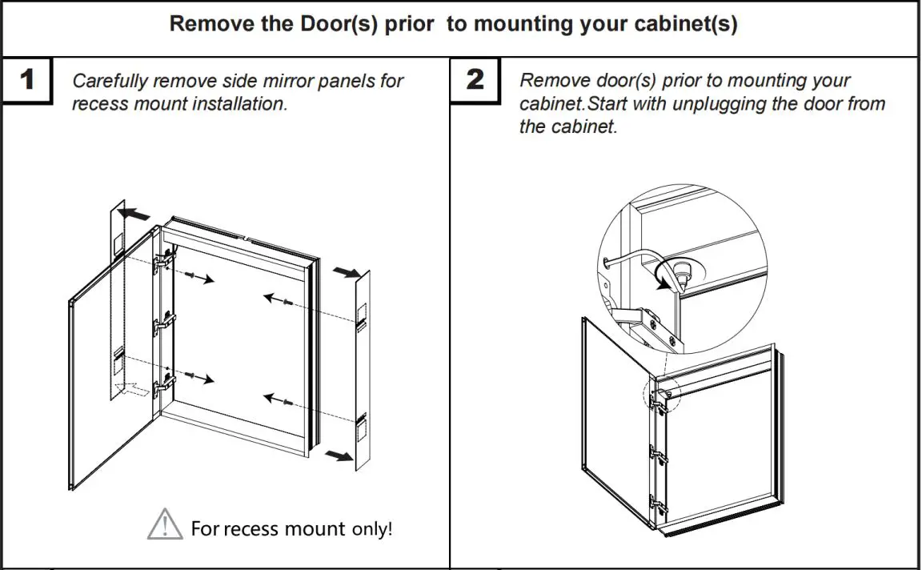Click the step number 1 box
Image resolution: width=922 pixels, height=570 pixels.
pyautogui.click(x=26, y=80)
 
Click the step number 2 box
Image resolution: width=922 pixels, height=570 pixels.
pyautogui.click(x=475, y=80)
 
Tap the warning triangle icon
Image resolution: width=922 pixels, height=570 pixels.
pyautogui.click(x=165, y=524)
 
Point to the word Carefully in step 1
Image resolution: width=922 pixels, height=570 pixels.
pyautogui.click(x=110, y=81)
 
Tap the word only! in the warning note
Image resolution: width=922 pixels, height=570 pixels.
pyautogui.click(x=372, y=529)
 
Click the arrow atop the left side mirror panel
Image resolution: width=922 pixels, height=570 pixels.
pyautogui.click(x=134, y=215)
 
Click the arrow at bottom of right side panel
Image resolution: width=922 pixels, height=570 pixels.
pyautogui.click(x=339, y=455)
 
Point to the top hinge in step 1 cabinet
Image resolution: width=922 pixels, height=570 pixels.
pyautogui.click(x=163, y=259)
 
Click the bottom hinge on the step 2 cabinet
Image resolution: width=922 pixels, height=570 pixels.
pyautogui.click(x=657, y=504)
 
